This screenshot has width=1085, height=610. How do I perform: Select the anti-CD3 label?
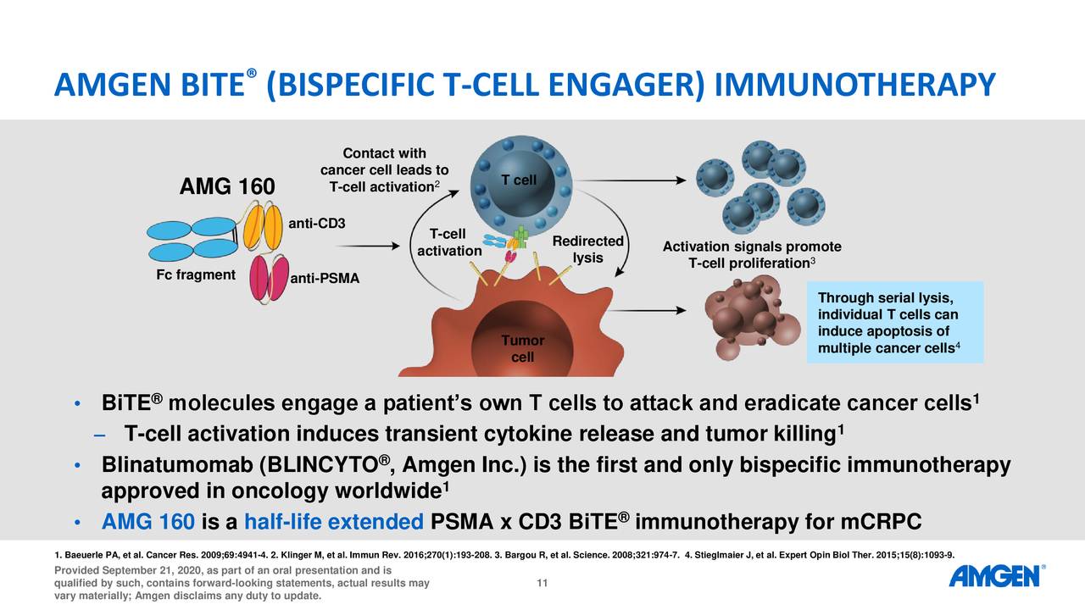pos(316,224)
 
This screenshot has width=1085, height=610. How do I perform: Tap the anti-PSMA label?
pos(325,280)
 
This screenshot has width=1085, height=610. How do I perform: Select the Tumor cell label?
pos(522,348)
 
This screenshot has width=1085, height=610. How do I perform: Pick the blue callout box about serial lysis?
pos(894,322)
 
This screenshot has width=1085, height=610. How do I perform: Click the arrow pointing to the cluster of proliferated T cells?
pos(636,180)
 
